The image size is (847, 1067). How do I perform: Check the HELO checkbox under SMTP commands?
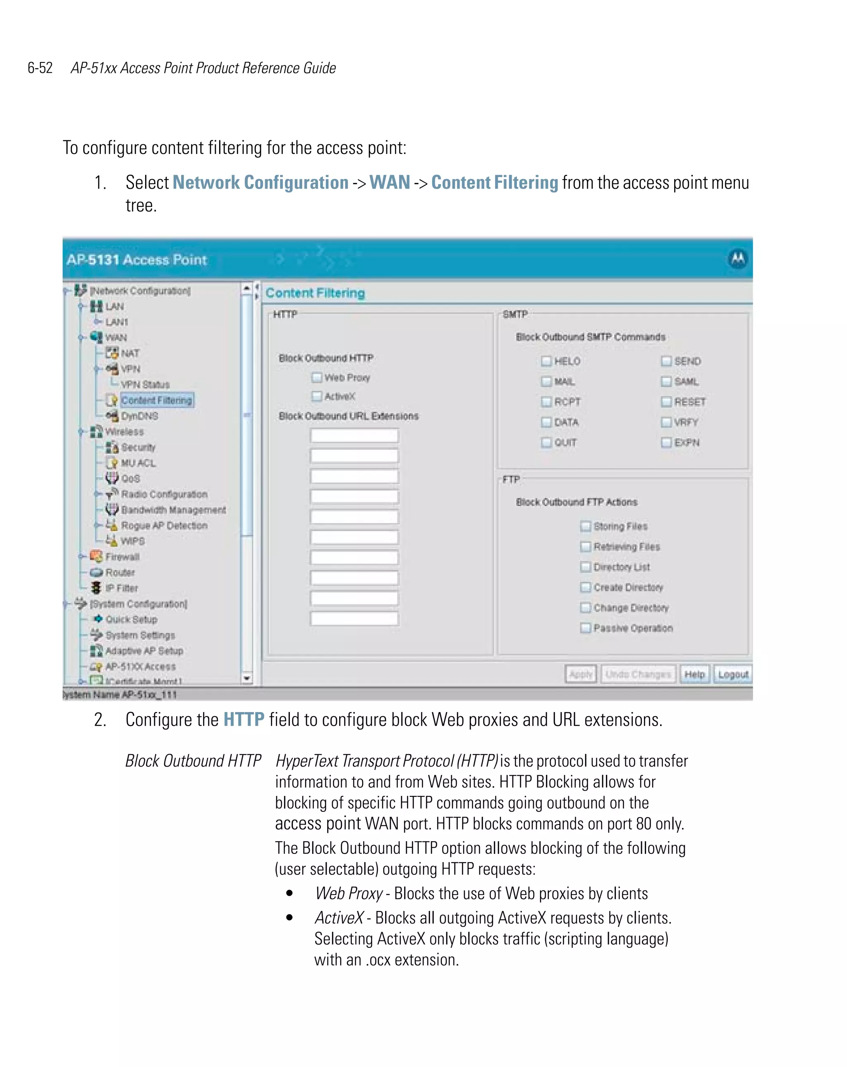(546, 361)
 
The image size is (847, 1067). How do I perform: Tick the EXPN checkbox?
(666, 442)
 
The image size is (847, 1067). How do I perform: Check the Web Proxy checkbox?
(317, 378)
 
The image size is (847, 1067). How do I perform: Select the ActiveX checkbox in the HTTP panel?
(317, 396)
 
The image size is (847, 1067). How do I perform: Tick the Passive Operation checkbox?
(585, 628)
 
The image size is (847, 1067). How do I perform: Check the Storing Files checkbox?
(585, 526)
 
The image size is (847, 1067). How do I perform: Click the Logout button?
(733, 674)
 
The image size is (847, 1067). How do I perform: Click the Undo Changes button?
(638, 674)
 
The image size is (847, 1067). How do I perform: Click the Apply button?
(580, 674)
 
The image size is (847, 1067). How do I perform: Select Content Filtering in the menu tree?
(156, 400)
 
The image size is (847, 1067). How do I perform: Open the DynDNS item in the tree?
(139, 416)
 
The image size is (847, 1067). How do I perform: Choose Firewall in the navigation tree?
(122, 557)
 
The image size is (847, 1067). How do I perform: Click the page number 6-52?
(40, 68)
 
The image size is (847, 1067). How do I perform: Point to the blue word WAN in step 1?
(389, 182)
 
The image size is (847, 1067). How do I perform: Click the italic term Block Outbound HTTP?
(193, 761)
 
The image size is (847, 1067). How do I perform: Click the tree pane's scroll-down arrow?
(247, 679)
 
